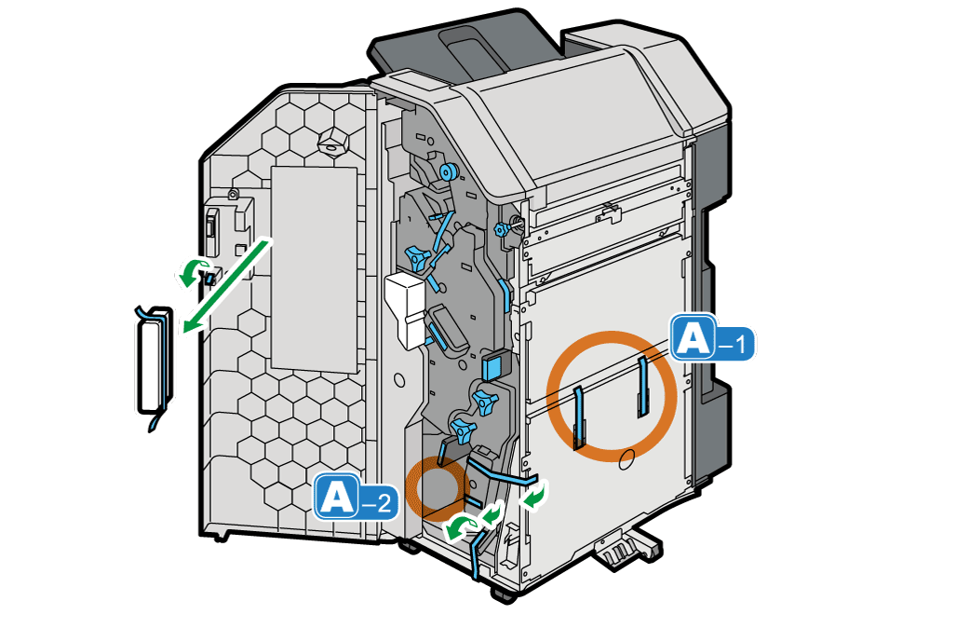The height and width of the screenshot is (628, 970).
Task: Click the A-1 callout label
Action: pyautogui.click(x=713, y=337)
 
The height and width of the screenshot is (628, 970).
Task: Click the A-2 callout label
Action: pyautogui.click(x=356, y=497)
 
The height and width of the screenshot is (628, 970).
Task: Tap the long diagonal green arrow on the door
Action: pyautogui.click(x=227, y=284)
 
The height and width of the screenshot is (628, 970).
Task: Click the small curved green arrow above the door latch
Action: pyautogui.click(x=194, y=272)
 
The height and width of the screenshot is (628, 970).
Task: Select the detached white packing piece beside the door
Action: pyautogui.click(x=154, y=362)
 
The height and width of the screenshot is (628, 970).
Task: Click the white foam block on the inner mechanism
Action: pyautogui.click(x=405, y=309)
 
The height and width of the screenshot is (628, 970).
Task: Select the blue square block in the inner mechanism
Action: pyautogui.click(x=493, y=365)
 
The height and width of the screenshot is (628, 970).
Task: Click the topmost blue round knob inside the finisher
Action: pyautogui.click(x=447, y=171)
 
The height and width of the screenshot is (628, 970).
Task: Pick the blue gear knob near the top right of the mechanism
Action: pyautogui.click(x=501, y=230)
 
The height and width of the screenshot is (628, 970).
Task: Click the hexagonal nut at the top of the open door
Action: pyautogui.click(x=332, y=143)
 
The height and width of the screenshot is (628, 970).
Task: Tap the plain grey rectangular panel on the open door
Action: pyautogui.click(x=315, y=269)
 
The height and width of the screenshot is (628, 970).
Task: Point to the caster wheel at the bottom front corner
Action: pyautogui.click(x=505, y=594)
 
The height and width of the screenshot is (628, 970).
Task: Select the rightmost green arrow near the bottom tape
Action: pyautogui.click(x=534, y=496)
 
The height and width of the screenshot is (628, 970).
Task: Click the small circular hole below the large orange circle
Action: pyautogui.click(x=626, y=459)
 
